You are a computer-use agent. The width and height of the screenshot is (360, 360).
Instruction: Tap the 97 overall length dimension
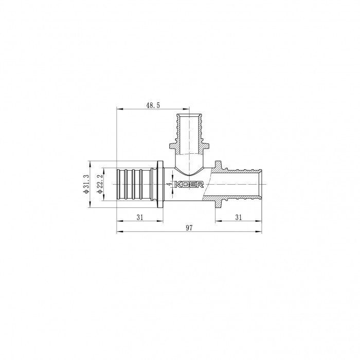[188, 227]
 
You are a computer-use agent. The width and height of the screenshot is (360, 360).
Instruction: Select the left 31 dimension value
[140, 217]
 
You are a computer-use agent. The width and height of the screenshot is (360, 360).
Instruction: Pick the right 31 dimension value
[238, 217]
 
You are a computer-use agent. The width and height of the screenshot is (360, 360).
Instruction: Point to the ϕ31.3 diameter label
[86, 184]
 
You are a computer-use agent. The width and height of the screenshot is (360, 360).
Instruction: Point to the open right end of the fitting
[261, 184]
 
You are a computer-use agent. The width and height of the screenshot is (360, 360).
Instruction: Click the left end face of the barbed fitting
[118, 184]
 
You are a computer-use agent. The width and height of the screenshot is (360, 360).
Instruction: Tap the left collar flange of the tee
[162, 184]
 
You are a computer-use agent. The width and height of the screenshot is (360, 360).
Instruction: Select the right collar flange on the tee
[219, 184]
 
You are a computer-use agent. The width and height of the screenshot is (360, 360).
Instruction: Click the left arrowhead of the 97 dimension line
[120, 231]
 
